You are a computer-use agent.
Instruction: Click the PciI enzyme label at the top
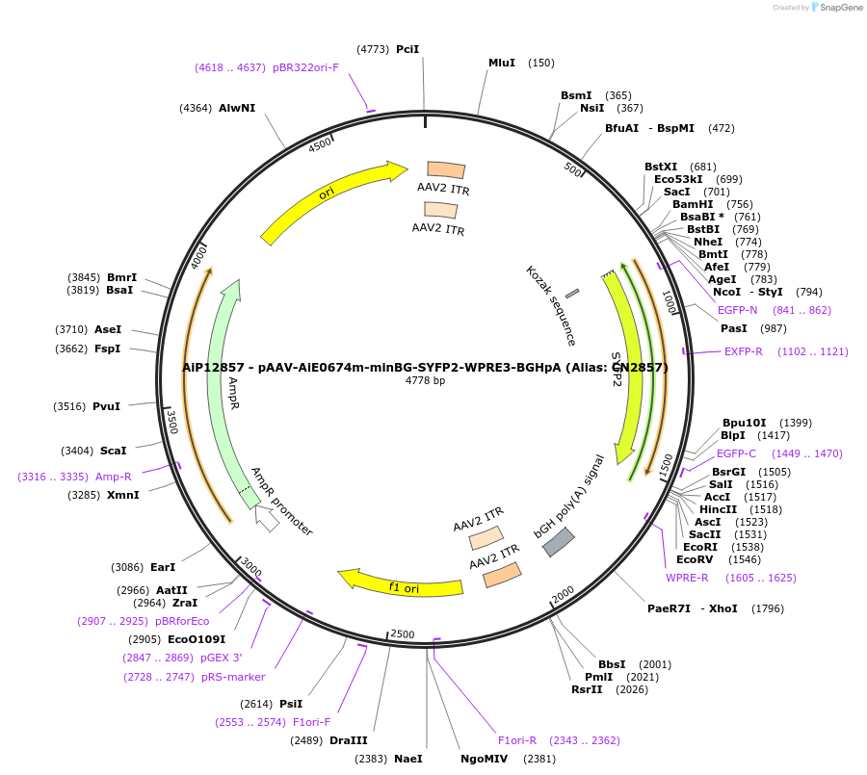tap(407, 49)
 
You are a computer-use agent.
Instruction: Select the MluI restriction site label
tap(502, 63)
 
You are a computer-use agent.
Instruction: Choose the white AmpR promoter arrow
tap(267, 518)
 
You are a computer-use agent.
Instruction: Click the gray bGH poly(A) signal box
tap(559, 542)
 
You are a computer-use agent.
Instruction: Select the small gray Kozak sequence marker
tap(572, 293)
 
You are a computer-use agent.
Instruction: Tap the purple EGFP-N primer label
tap(738, 310)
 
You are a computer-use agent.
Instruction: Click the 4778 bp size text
tap(425, 381)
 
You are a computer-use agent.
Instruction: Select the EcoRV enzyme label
tap(695, 559)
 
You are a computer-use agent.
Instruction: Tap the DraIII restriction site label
tap(348, 740)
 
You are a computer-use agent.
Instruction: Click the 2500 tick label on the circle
tap(402, 633)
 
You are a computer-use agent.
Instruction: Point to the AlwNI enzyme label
tap(237, 108)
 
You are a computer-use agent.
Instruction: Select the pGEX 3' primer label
tap(221, 658)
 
